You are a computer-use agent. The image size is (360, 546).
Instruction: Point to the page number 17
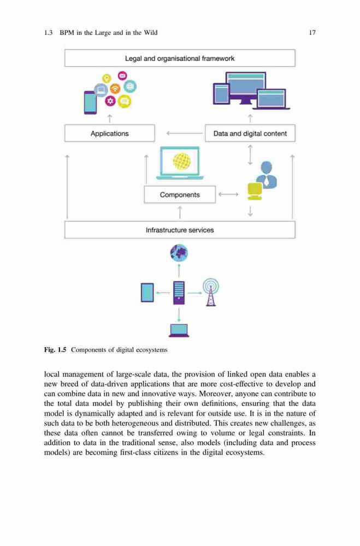click(312, 33)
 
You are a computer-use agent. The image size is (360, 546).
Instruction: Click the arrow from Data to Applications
click(185, 133)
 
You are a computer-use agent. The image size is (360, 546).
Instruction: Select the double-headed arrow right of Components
click(228, 194)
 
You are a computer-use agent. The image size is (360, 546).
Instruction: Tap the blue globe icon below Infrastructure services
click(179, 253)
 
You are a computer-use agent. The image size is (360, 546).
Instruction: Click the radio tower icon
click(211, 292)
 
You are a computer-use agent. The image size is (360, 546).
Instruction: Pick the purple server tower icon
click(179, 293)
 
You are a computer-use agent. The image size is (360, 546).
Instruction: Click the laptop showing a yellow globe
click(180, 163)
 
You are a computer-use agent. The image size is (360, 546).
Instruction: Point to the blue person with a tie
click(267, 175)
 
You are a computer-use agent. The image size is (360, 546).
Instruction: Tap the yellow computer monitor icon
click(255, 191)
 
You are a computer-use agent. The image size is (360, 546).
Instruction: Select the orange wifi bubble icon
click(115, 88)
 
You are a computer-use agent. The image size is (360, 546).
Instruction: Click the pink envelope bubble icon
click(122, 75)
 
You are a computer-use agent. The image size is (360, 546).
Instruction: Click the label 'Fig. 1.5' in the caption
click(55, 350)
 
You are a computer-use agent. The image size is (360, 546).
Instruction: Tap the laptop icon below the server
click(179, 330)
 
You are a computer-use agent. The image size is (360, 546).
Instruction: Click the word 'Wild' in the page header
click(151, 33)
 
